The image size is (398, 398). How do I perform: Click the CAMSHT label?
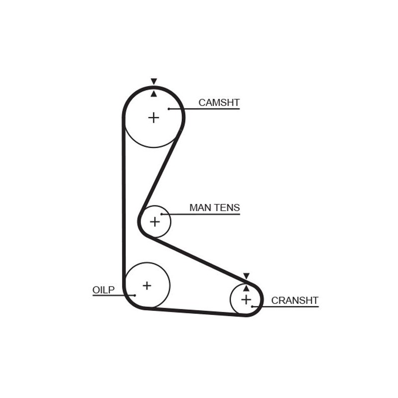tap(219, 102)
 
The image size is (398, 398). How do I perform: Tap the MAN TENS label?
tap(214, 207)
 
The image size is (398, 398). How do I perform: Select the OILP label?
tap(103, 290)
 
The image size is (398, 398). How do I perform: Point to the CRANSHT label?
tap(295, 300)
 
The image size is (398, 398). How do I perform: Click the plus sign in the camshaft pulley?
tap(154, 117)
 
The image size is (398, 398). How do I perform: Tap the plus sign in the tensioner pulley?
tap(155, 221)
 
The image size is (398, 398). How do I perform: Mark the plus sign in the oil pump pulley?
tap(147, 286)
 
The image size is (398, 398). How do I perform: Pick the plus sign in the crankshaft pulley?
tap(246, 299)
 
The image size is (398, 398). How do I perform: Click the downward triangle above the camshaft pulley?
tap(154, 81)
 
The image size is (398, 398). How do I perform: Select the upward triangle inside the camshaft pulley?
tap(154, 94)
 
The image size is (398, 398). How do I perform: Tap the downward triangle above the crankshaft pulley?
tap(246, 276)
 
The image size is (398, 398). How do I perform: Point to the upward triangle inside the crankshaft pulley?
tap(246, 288)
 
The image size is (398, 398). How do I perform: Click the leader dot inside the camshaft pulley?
tap(169, 108)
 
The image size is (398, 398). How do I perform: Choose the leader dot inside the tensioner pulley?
tap(162, 214)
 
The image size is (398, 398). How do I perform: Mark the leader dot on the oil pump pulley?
tap(134, 295)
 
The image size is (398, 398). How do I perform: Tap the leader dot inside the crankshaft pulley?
tap(253, 306)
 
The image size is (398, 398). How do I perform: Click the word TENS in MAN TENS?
tap(227, 207)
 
